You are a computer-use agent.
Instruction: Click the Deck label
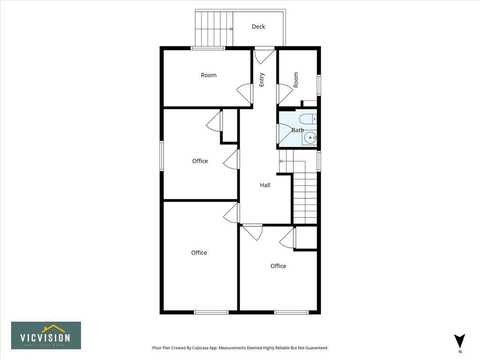pos(258,27)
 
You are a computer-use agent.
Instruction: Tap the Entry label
pos(262,79)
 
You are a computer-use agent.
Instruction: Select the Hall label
pos(265,185)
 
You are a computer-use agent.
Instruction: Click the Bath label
pos(298,130)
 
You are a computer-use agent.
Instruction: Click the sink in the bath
pos(310,138)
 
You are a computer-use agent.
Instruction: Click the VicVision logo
pos(46,335)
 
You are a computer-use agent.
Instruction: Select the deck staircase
pos(214,29)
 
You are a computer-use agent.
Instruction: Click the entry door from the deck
pos(264,55)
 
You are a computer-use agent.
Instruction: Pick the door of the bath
pos(284,133)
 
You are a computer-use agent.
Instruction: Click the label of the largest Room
pos(209,75)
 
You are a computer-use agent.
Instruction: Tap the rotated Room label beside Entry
pos(296,79)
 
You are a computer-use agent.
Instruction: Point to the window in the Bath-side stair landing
pos(319,161)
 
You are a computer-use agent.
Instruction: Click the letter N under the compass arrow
pos(460,352)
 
